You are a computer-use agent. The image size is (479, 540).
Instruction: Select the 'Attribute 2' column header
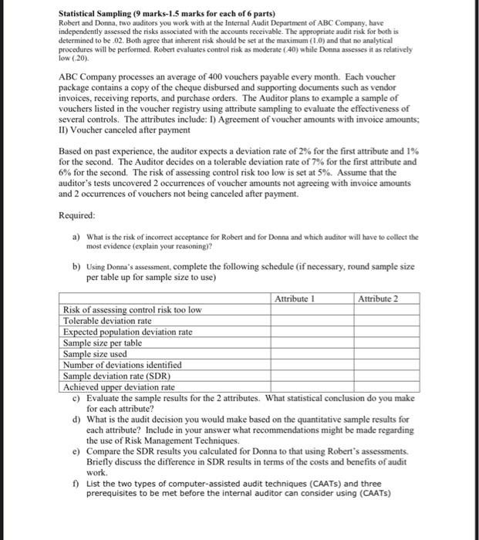[x=378, y=299]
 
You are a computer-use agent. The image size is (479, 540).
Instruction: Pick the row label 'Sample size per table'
[x=102, y=343]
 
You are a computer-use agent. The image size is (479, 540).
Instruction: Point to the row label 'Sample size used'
[x=94, y=353]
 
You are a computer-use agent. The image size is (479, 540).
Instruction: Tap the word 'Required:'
[x=78, y=217]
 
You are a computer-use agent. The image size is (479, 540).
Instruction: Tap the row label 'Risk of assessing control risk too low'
[x=132, y=309]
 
